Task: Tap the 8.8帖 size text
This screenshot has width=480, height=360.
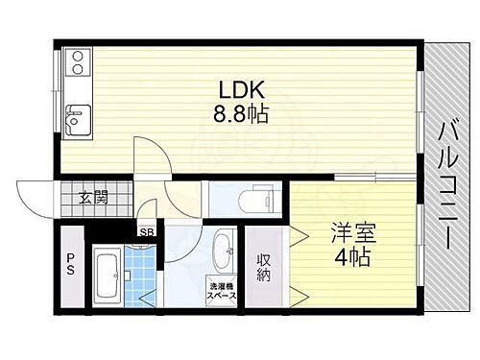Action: [240, 114]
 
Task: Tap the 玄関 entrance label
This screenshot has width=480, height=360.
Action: [92, 200]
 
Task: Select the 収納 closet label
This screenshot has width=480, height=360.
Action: [264, 268]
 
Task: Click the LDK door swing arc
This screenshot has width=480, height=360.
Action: [149, 158]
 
